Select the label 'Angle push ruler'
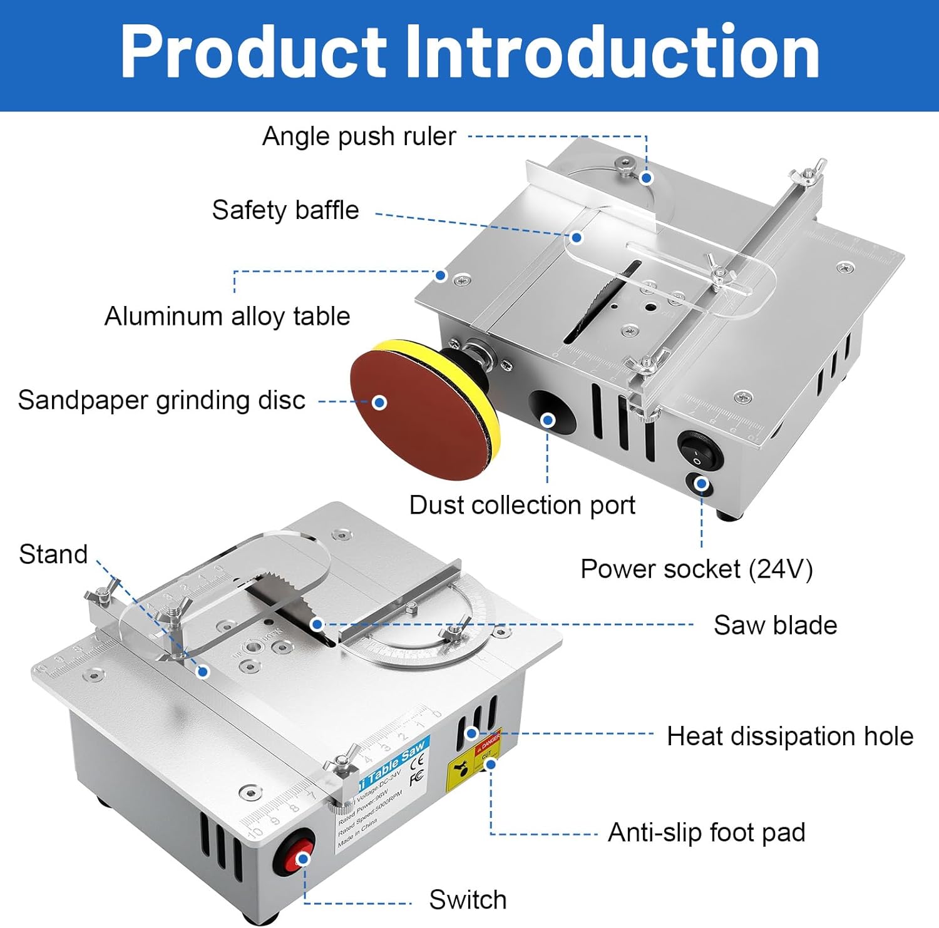click(359, 136)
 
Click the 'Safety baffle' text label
click(285, 210)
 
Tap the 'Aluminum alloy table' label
click(227, 317)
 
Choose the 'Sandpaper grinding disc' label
click(162, 400)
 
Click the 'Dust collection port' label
click(522, 505)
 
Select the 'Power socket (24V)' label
click(696, 569)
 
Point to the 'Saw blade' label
click(775, 625)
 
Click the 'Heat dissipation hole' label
click(789, 737)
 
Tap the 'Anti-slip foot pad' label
click(706, 833)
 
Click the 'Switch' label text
click(468, 900)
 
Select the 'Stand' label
click(53, 554)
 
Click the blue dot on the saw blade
click(317, 624)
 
